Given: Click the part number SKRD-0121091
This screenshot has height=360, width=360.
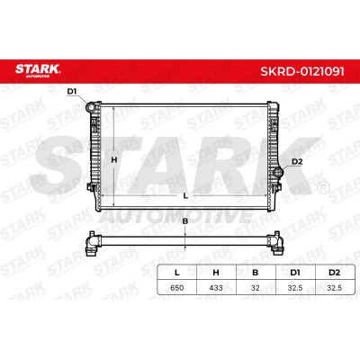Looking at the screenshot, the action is (302, 71).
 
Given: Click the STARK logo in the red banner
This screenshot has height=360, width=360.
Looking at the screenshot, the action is (38, 70).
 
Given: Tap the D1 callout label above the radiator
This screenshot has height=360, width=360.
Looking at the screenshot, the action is (72, 92).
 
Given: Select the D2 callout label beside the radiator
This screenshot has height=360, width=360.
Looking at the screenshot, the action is (297, 162).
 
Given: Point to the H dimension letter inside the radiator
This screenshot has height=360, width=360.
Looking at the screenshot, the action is (114, 160).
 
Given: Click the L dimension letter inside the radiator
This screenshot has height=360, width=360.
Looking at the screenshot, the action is (185, 196).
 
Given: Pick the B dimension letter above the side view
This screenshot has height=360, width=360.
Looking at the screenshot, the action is (185, 221).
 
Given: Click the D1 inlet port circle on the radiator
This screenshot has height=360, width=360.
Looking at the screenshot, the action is (90, 107).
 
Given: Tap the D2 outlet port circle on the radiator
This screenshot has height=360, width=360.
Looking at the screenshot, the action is (278, 173).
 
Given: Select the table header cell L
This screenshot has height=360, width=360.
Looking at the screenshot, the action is (177, 273).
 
